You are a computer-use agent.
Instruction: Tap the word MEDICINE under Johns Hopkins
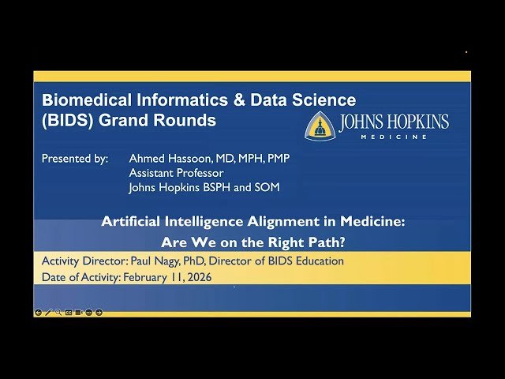(395, 137)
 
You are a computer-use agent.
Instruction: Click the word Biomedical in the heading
(80, 100)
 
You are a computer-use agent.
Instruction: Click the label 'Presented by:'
(75, 159)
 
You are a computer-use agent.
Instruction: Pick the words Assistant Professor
(176, 173)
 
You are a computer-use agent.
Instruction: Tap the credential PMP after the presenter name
(279, 159)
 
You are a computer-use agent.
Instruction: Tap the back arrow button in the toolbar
(39, 313)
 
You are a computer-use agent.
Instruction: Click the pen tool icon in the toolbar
(48, 313)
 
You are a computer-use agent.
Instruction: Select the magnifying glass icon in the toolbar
(58, 313)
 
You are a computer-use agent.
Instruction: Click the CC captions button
(69, 313)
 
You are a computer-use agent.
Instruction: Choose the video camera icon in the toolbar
(79, 313)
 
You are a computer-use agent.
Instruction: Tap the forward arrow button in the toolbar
(99, 313)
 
